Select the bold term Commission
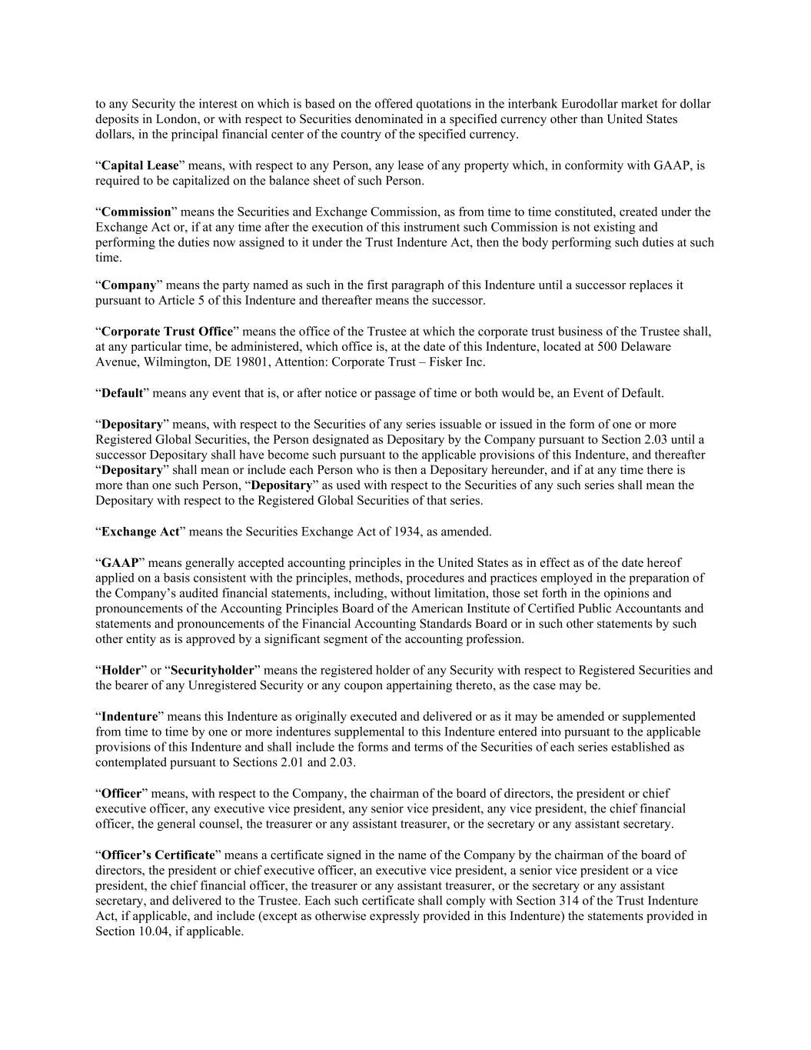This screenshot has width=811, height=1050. (x=136, y=212)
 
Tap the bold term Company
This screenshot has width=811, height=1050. (x=129, y=285)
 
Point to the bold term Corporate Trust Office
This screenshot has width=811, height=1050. (x=167, y=332)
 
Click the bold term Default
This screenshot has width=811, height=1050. (x=122, y=393)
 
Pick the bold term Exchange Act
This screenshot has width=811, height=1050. (x=140, y=532)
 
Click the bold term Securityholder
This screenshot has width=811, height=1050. (x=212, y=670)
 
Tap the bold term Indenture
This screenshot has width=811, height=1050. (x=129, y=716)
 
